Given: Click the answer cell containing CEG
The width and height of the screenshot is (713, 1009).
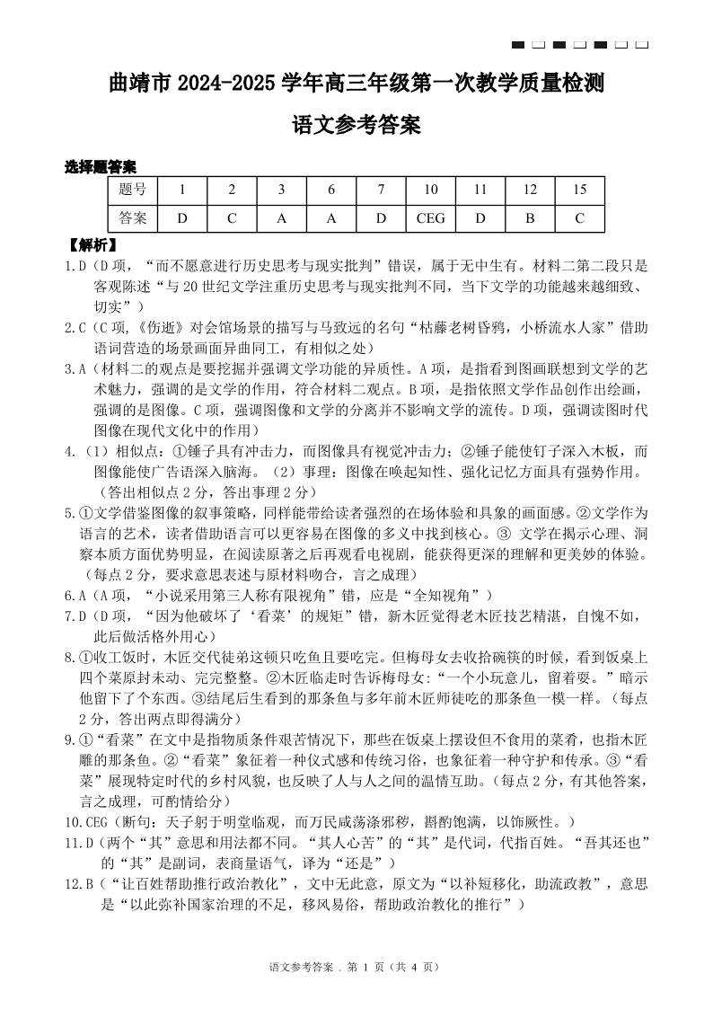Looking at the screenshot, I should pos(431,217).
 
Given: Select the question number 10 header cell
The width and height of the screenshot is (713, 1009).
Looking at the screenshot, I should pos(431,190).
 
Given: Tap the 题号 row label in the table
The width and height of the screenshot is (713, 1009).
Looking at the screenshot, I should pos(133,190).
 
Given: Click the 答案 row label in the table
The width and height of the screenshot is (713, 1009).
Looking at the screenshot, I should pos(133,217).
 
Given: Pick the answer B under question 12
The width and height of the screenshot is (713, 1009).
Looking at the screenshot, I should pos(530,217).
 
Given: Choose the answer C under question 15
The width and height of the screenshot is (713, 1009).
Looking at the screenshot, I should pos(579,217).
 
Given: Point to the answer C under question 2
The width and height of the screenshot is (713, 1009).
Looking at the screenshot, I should pos(232,217).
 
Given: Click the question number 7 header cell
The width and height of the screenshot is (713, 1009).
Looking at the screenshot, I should pos(381,190).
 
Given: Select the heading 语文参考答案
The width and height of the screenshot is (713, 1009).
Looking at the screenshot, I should pos(356,126).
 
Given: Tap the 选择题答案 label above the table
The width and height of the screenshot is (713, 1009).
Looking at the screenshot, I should pos(101,166).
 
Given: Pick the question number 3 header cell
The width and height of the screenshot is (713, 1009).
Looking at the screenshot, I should pos(281,190).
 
